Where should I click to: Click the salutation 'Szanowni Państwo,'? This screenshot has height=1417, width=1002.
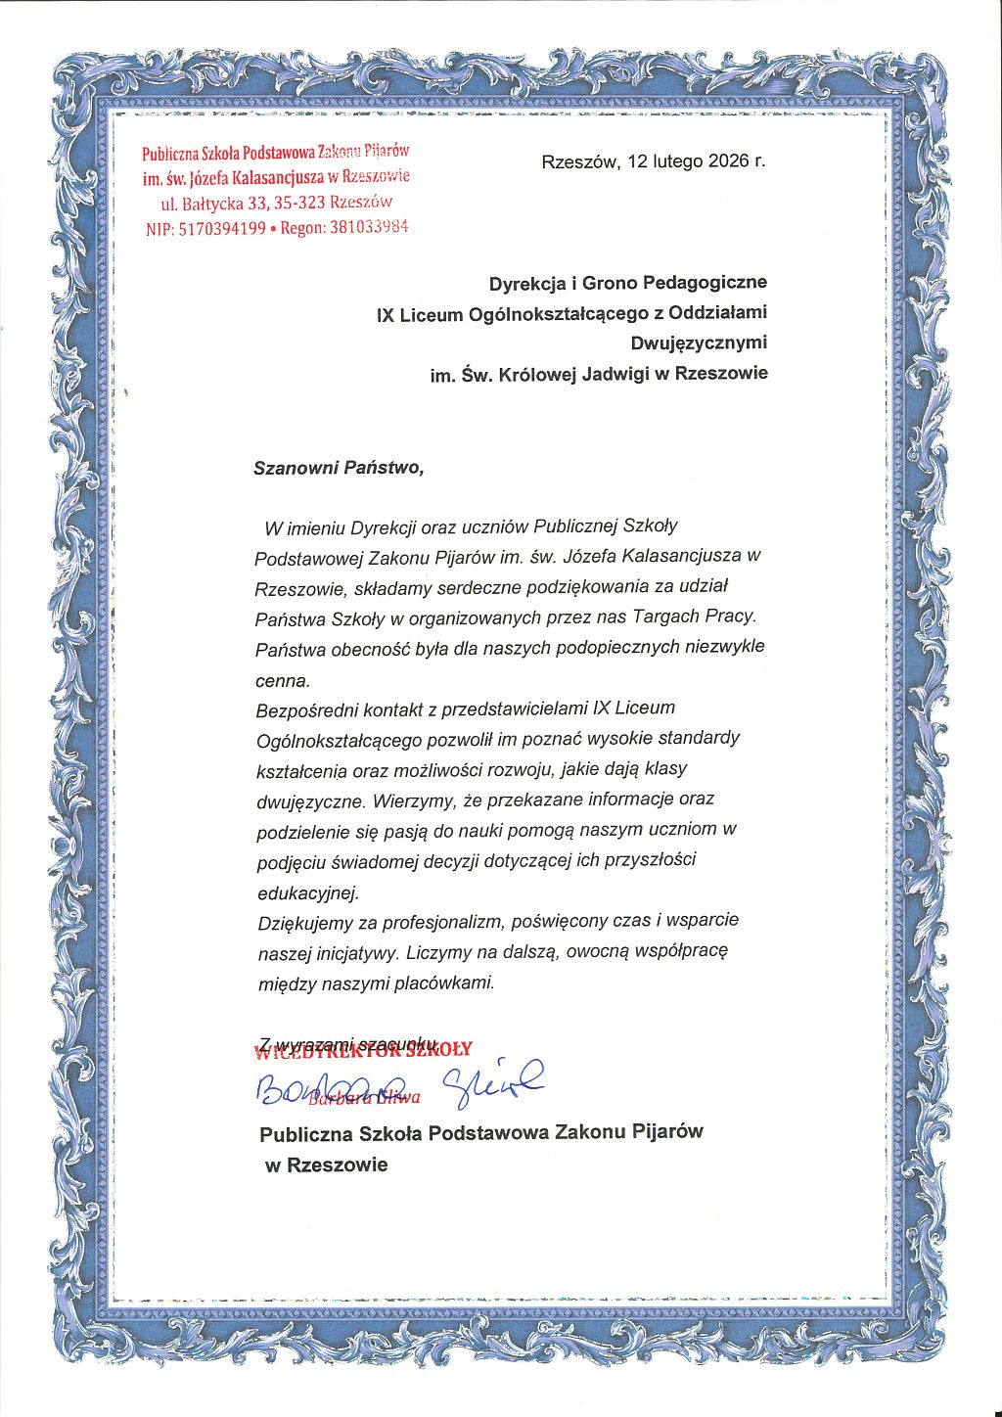(339, 468)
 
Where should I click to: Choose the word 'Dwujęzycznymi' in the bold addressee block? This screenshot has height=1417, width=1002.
(699, 343)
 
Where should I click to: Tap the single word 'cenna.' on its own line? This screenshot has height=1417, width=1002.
(283, 680)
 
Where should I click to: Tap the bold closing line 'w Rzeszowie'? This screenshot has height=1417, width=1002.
(327, 1166)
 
